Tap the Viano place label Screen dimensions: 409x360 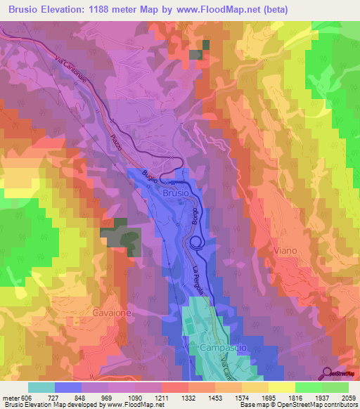(x=286, y=249)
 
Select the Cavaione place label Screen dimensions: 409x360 (x=112, y=311)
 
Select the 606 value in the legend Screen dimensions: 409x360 (x=26, y=397)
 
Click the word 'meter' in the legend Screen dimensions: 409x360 (x=10, y=397)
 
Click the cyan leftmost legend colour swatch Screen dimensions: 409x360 (x=41, y=387)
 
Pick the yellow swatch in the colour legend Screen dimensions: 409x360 (x=281, y=387)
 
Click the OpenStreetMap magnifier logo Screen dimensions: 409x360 (x=327, y=372)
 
